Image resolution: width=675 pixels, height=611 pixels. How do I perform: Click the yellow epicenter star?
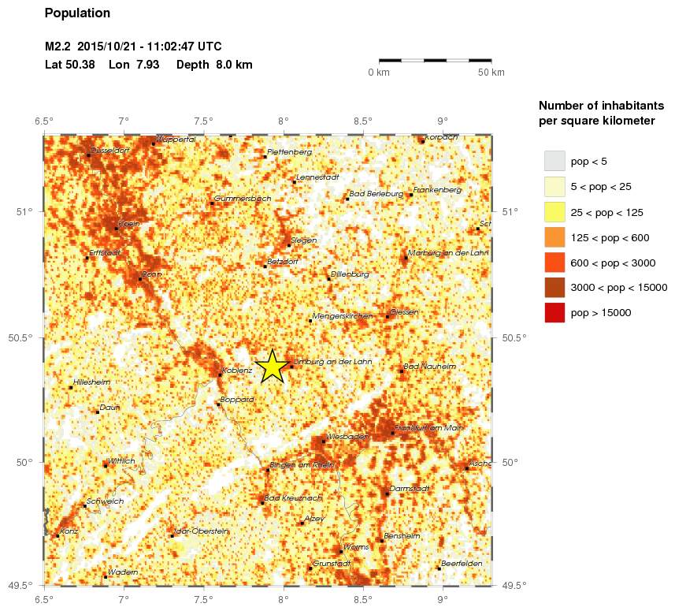(x=272, y=366)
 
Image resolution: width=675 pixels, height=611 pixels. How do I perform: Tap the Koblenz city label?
(x=238, y=370)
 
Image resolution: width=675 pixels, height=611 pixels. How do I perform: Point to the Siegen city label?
(x=303, y=240)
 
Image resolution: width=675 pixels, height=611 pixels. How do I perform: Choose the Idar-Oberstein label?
(x=202, y=531)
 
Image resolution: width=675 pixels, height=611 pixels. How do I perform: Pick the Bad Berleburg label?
(x=376, y=193)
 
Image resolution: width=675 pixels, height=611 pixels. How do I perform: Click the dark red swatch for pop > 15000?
(x=555, y=312)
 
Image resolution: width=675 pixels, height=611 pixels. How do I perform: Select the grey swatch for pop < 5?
(x=555, y=161)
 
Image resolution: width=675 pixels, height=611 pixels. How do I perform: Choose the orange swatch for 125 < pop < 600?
(x=555, y=237)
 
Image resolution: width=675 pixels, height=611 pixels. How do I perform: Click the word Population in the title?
(x=78, y=13)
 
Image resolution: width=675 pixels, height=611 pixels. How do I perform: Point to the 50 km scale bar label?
(x=491, y=73)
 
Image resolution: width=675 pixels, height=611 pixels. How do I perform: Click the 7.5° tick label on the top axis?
(x=204, y=121)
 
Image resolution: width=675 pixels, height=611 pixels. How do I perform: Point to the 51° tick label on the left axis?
(x=30, y=211)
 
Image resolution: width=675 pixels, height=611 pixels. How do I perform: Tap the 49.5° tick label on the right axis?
(x=514, y=585)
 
